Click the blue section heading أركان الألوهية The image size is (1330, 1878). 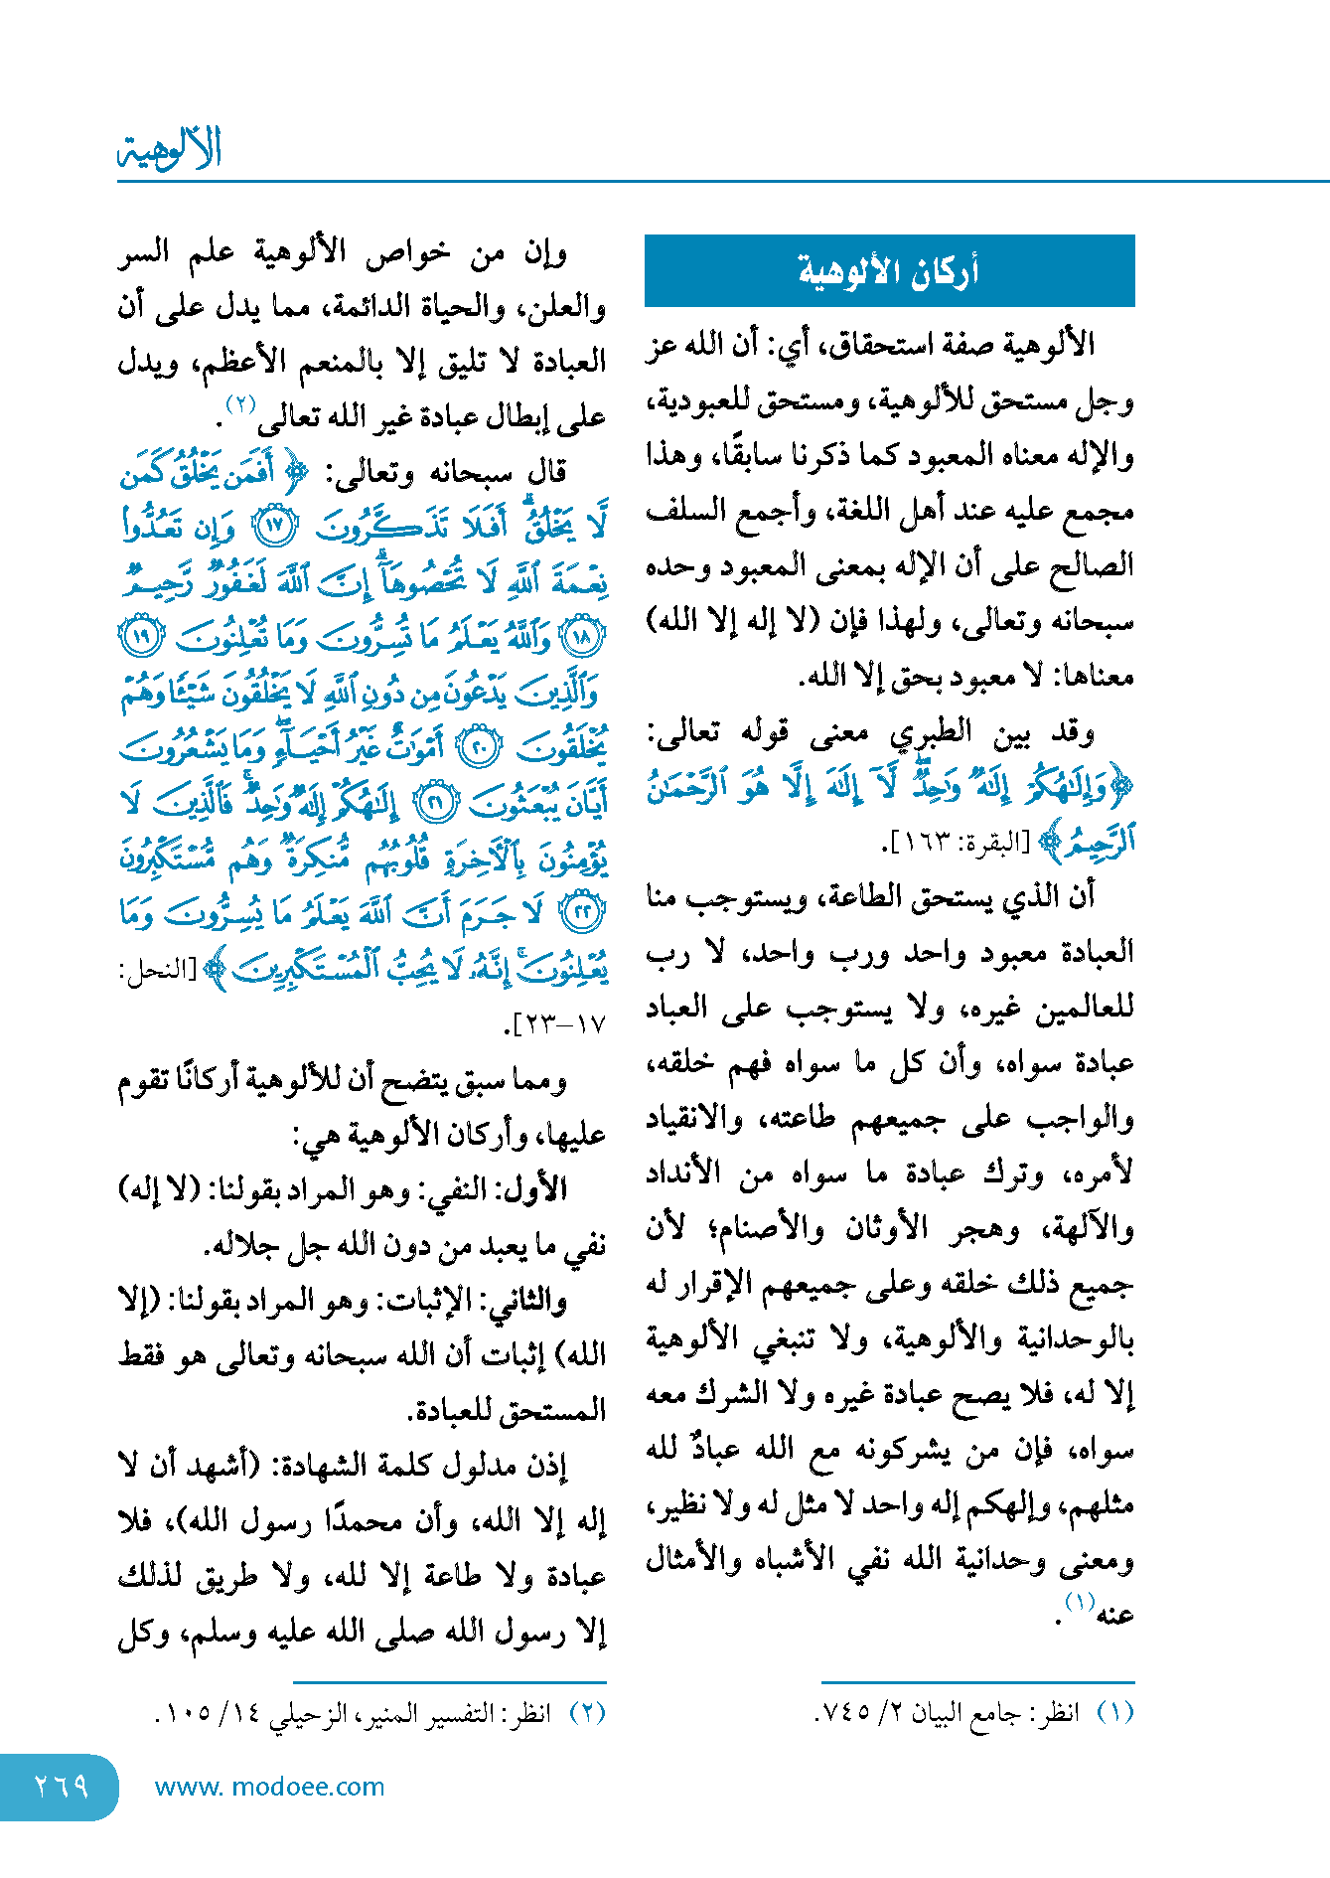(x=889, y=271)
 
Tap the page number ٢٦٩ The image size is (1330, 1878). (x=61, y=1787)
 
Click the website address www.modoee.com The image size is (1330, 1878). (x=269, y=1787)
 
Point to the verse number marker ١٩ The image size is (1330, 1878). (x=138, y=636)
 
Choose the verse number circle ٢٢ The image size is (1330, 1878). (x=582, y=911)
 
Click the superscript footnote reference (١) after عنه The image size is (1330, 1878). (x=1080, y=1601)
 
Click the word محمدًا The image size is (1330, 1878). (x=392, y=1520)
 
